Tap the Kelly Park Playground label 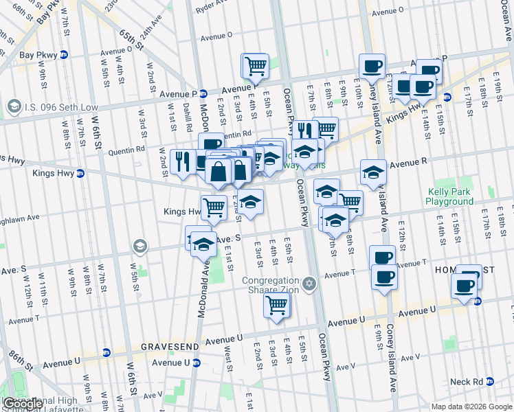(449, 197)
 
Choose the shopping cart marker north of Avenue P (256, 67)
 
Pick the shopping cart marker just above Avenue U (276, 304)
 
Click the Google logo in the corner (23, 404)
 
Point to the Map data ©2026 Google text (471, 407)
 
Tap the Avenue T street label (339, 273)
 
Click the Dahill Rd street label (187, 117)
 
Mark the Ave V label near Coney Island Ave (410, 358)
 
